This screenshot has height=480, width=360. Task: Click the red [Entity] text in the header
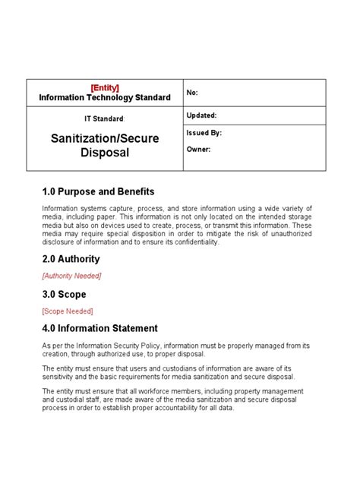click(104, 87)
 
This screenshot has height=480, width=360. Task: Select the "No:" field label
click(193, 93)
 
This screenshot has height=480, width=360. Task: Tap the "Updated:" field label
click(201, 115)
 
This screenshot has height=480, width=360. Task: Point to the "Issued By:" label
click(204, 132)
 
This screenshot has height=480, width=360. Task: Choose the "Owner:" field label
click(198, 149)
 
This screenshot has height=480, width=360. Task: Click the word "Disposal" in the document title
click(105, 153)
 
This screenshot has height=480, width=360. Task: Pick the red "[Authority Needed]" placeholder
click(71, 276)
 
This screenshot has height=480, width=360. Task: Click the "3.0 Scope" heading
click(65, 294)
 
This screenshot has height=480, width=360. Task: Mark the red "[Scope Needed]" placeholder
click(68, 311)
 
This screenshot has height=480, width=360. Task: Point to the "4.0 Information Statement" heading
click(100, 328)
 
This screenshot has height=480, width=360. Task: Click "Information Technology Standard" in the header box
click(104, 97)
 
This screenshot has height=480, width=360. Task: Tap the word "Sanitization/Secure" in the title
click(105, 138)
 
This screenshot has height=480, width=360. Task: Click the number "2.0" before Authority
click(51, 259)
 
